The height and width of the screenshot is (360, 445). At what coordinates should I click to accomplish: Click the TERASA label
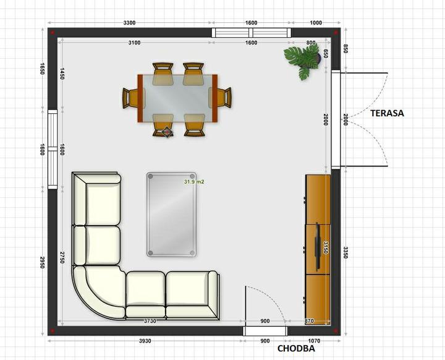pyautogui.click(x=387, y=113)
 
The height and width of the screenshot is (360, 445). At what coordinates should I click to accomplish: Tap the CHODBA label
pyautogui.click(x=296, y=348)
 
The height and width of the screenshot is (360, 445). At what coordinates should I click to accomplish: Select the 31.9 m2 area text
pyautogui.click(x=194, y=182)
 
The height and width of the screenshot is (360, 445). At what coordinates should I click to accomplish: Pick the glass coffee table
pyautogui.click(x=171, y=215)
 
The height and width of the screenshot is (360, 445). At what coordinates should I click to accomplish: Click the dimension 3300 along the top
pyautogui.click(x=129, y=23)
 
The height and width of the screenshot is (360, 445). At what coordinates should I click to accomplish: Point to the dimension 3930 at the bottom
pyautogui.click(x=145, y=341)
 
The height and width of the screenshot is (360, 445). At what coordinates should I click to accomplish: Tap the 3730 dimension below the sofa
pyautogui.click(x=150, y=321)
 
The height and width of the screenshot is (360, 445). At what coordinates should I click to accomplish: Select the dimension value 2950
pyautogui.click(x=42, y=262)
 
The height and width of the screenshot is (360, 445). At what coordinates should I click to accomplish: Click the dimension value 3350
pyautogui.click(x=345, y=252)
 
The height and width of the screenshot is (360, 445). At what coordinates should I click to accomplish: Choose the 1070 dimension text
pyautogui.click(x=314, y=341)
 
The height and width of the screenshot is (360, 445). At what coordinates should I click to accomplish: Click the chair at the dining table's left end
pyautogui.click(x=130, y=98)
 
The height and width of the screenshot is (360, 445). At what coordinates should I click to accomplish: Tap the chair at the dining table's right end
pyautogui.click(x=224, y=98)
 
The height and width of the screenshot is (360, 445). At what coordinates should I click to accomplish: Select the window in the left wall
pyautogui.click(x=53, y=150)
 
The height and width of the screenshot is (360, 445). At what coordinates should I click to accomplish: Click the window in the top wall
pyautogui.click(x=252, y=33)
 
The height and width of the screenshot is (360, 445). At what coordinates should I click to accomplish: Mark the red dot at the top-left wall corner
pyautogui.click(x=52, y=33)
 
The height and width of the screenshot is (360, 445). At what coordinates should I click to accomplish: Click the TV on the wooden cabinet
pyautogui.click(x=318, y=246)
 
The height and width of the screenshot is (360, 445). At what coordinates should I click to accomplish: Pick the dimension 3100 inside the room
pyautogui.click(x=134, y=43)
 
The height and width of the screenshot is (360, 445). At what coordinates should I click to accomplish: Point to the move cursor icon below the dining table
pyautogui.click(x=167, y=132)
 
